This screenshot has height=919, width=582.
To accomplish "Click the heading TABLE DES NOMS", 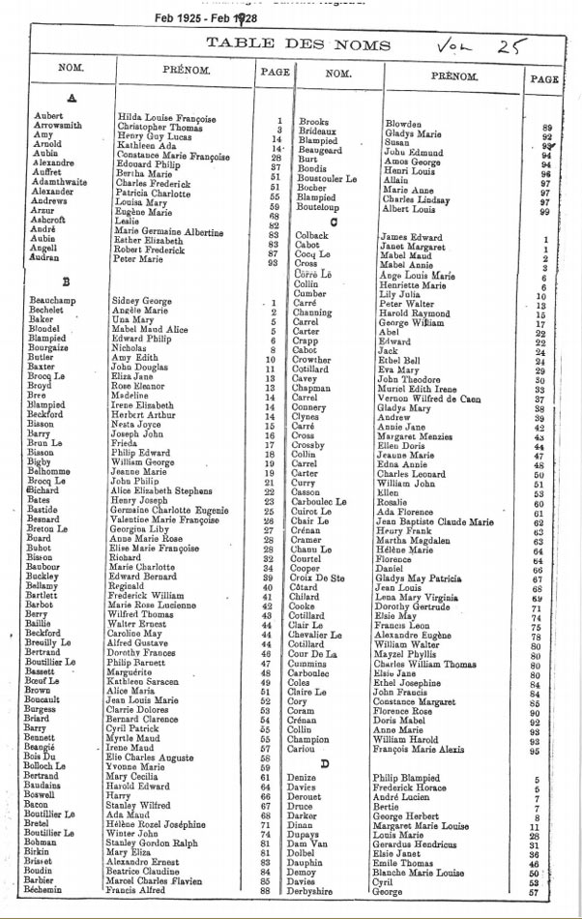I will [299, 44].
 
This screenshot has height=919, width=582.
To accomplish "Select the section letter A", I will [72, 98].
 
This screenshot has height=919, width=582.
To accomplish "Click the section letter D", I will [326, 763].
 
